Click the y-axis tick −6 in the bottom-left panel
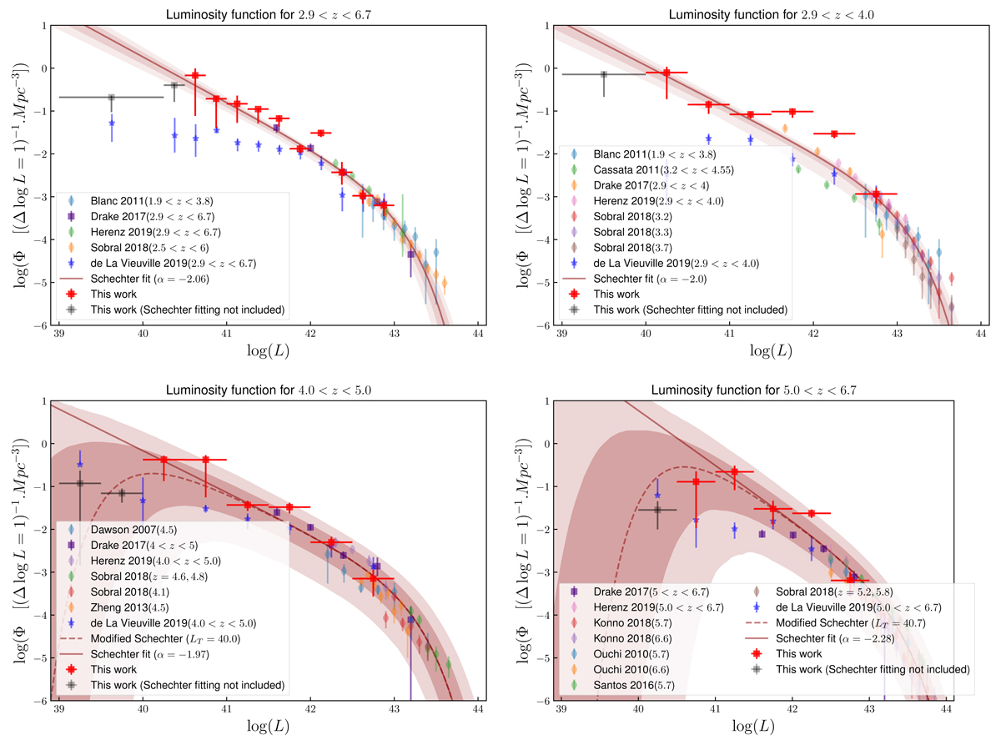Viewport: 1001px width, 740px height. coord(38,701)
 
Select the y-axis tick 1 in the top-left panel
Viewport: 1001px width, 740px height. coord(41,25)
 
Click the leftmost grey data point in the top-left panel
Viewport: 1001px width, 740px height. coord(111,97)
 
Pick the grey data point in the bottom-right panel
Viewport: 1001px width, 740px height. coord(657,509)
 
